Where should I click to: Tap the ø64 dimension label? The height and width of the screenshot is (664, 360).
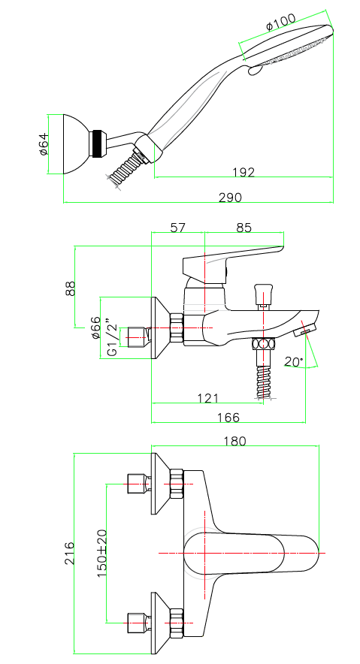coord(44,144)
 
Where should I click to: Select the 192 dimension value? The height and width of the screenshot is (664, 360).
coord(244,172)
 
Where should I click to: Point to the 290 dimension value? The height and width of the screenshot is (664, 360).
coord(231,198)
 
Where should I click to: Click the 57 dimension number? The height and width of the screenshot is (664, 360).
coord(178,228)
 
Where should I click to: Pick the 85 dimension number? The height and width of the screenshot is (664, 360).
coord(244,228)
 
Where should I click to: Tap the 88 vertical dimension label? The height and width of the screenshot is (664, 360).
coord(71,288)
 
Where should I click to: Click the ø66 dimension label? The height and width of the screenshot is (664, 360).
coord(95,327)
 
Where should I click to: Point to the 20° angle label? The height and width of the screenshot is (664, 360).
coord(294,361)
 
